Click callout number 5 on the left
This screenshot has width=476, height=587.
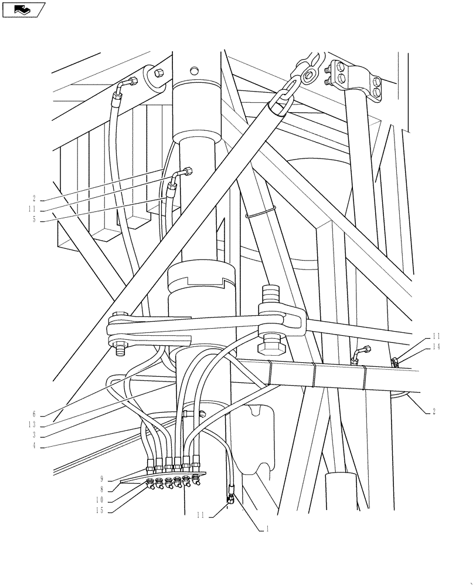coord(35,220)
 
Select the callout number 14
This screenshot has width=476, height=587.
coord(436,348)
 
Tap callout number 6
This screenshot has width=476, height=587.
coord(35,414)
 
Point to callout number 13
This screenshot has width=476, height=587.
coord(33,424)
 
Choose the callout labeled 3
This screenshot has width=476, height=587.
coord(35,435)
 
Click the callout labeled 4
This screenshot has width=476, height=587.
coord(35,446)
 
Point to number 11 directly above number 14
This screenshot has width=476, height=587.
coord(436,336)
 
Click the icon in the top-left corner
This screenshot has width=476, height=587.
coord(23,9)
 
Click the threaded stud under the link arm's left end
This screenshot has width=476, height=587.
coord(121,350)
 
